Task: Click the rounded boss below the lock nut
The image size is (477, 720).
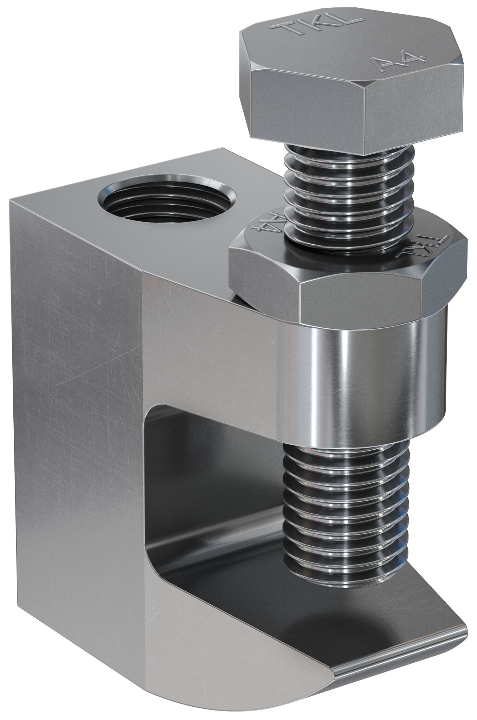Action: click(366, 380)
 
